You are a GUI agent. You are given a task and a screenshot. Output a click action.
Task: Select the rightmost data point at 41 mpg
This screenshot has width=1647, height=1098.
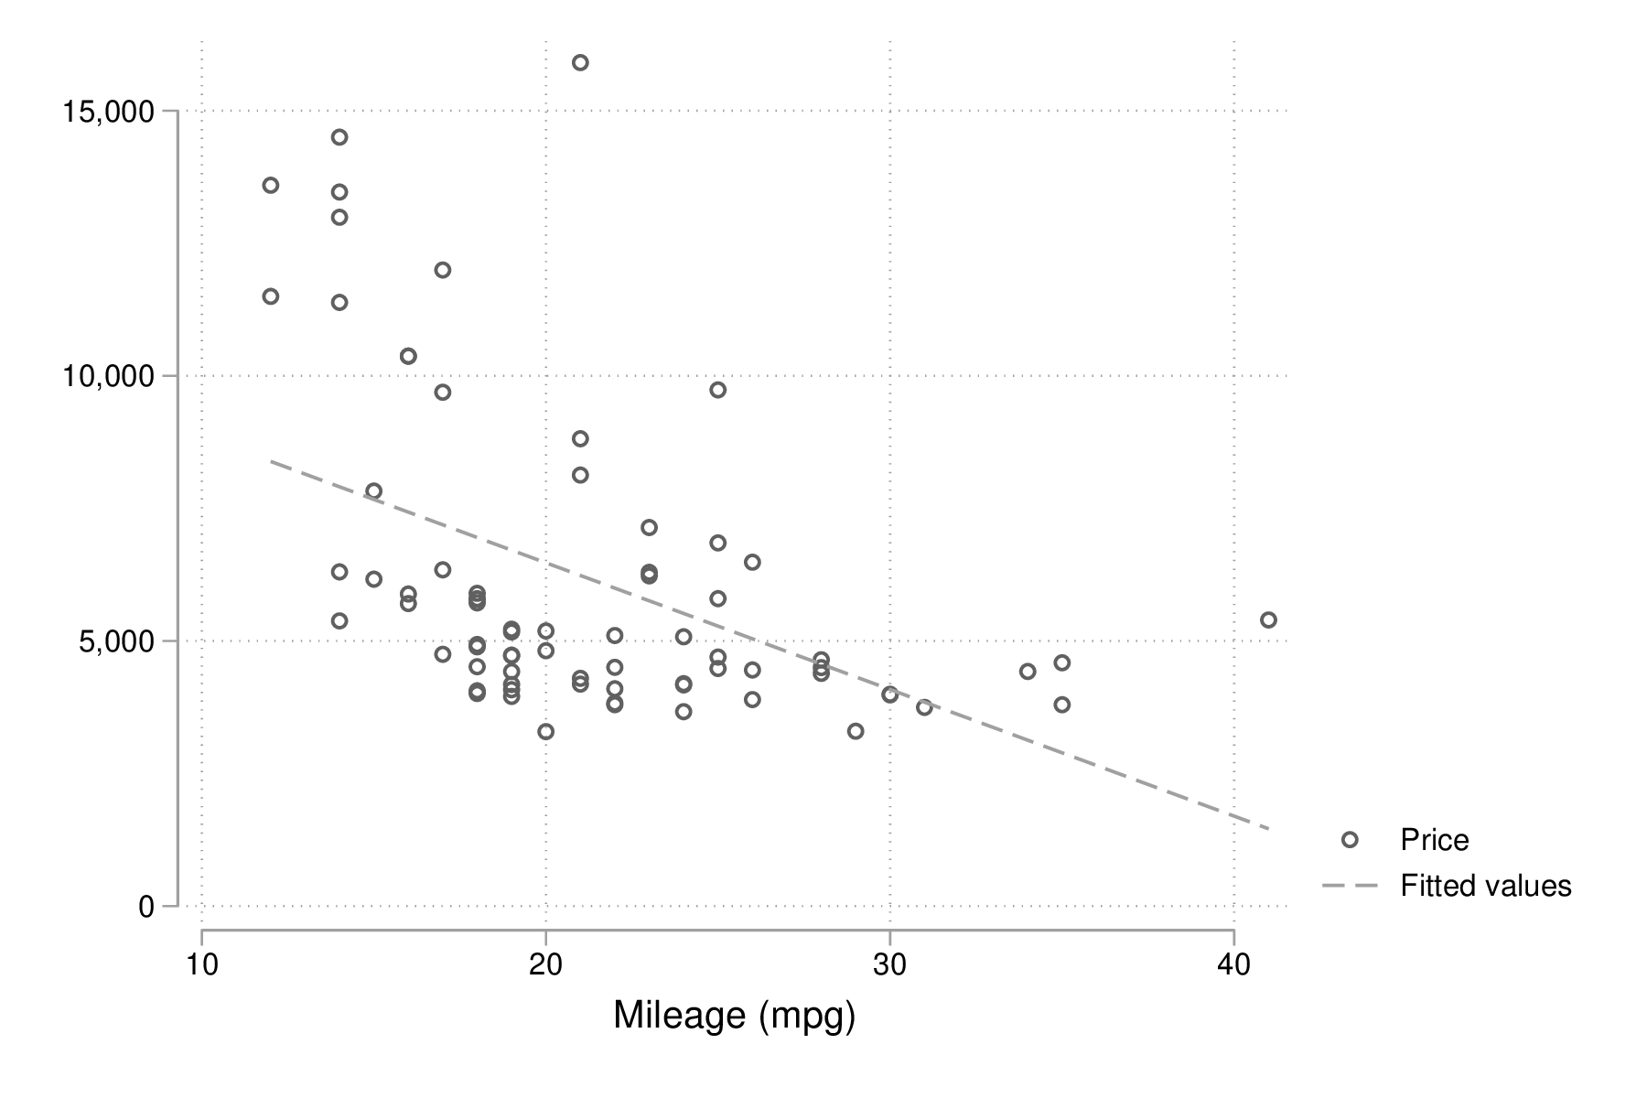pyautogui.click(x=1268, y=620)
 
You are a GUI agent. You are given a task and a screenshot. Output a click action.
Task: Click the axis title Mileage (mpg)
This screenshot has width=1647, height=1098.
pyautogui.click(x=734, y=1016)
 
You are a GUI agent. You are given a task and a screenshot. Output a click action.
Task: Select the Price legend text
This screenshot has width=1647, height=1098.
pyautogui.click(x=1434, y=840)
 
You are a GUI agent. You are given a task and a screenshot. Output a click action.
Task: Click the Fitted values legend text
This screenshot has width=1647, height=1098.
pyautogui.click(x=1485, y=886)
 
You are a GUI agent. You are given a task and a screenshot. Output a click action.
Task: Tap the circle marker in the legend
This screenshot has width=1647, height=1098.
pyautogui.click(x=1350, y=840)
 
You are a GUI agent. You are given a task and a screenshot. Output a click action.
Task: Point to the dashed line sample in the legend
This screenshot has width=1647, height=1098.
pyautogui.click(x=1350, y=886)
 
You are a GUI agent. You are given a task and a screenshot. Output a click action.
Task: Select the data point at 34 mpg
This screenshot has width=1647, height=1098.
pyautogui.click(x=1028, y=672)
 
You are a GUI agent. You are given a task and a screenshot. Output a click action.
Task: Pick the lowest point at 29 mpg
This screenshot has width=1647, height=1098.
pyautogui.click(x=856, y=731)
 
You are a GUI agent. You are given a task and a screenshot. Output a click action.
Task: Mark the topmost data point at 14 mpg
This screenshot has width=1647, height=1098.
pyautogui.click(x=339, y=137)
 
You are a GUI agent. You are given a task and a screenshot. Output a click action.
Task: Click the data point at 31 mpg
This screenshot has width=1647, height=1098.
pyautogui.click(x=924, y=707)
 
